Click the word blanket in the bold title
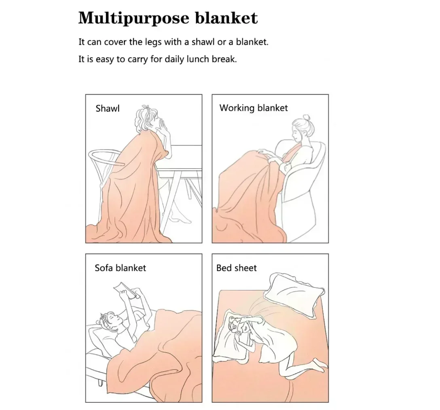click(226, 18)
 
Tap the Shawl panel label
click(108, 108)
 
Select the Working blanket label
click(254, 108)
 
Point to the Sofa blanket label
click(120, 268)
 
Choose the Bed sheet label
click(236, 268)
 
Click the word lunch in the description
click(198, 59)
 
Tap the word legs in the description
click(153, 42)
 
